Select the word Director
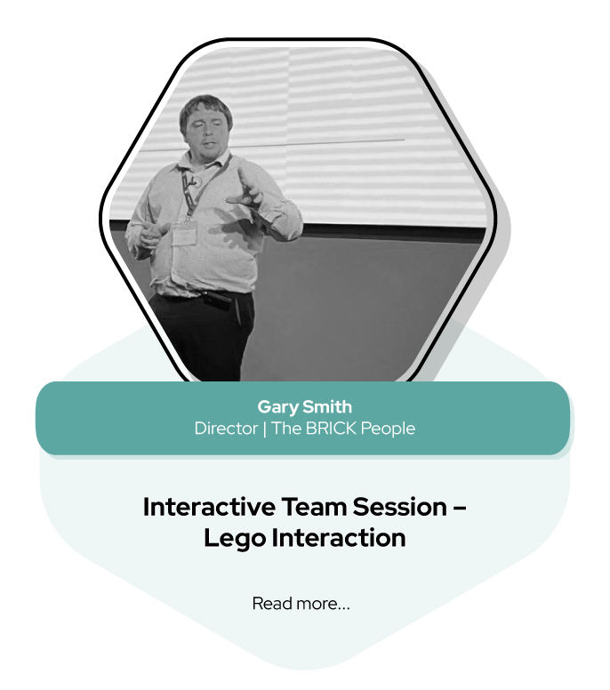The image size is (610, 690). click(x=226, y=429)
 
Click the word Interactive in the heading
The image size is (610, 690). click(x=209, y=507)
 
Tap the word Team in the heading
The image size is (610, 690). click(x=314, y=507)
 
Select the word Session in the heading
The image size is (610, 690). click(x=399, y=507)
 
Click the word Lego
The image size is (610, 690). click(x=235, y=538)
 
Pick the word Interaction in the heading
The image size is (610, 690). click(x=339, y=538)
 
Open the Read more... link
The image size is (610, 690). click(x=301, y=604)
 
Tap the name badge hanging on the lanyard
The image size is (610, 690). click(x=184, y=236)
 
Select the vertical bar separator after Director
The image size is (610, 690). click(x=264, y=429)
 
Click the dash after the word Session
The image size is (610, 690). click(x=459, y=509)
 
